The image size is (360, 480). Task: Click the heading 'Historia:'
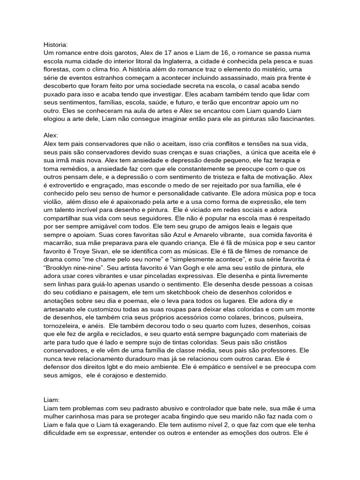tap(55, 45)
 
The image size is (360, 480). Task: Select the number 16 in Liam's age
tap(227, 52)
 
